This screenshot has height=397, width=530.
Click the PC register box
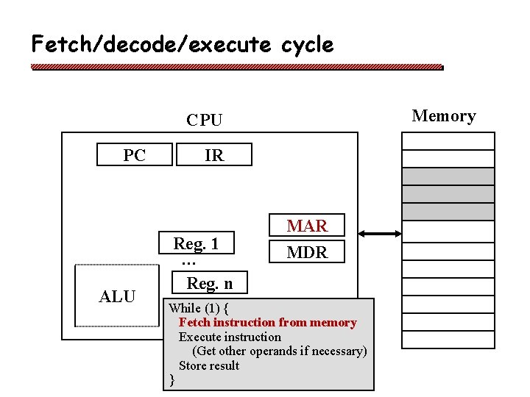coord(135,155)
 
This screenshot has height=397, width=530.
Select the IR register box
coord(214,155)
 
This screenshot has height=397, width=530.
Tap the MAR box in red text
coord(307,226)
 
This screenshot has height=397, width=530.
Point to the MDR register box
coord(307,252)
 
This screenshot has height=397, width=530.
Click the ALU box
coord(117,296)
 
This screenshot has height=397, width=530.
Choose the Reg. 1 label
coord(196,243)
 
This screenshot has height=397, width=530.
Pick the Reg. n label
coord(210,283)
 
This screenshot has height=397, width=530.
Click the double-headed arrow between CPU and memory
coord(381,234)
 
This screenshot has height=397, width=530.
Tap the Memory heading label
coord(444,115)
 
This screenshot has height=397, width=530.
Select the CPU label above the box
coord(204,120)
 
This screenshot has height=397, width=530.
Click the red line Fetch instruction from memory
coord(267,322)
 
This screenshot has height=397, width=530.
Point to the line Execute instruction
coord(230,337)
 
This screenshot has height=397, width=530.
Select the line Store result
coord(209,365)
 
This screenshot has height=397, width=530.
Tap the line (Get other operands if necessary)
coord(279,351)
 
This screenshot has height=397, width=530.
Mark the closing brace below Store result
coord(172,379)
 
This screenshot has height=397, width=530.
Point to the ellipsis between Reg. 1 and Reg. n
coord(188,262)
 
